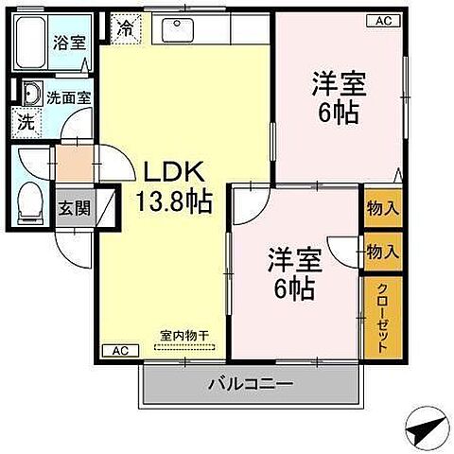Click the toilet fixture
(x=31, y=198)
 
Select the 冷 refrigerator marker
(x=125, y=28)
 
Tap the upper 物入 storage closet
(x=382, y=208)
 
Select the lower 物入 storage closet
(x=382, y=252)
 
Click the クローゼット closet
(x=382, y=317)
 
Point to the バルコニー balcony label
(x=251, y=385)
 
